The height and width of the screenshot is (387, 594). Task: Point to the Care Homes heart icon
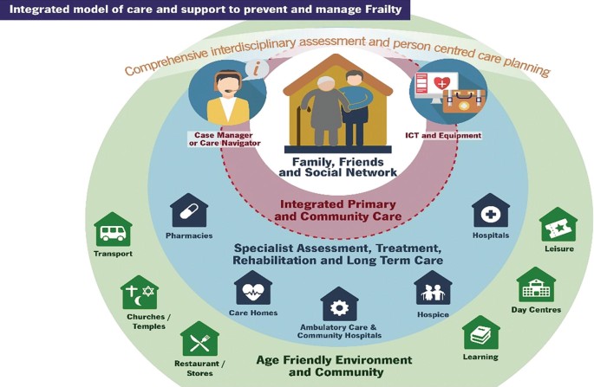[252, 289]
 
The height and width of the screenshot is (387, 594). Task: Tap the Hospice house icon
[433, 289]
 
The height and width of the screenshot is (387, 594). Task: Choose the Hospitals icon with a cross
[490, 212]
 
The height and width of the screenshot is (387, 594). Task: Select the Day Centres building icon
[536, 286]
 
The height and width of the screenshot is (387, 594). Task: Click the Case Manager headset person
[225, 94]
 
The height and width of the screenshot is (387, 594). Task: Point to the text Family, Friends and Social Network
[338, 166]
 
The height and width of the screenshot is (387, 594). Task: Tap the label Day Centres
[536, 309]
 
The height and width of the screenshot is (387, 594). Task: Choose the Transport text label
[114, 254]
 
